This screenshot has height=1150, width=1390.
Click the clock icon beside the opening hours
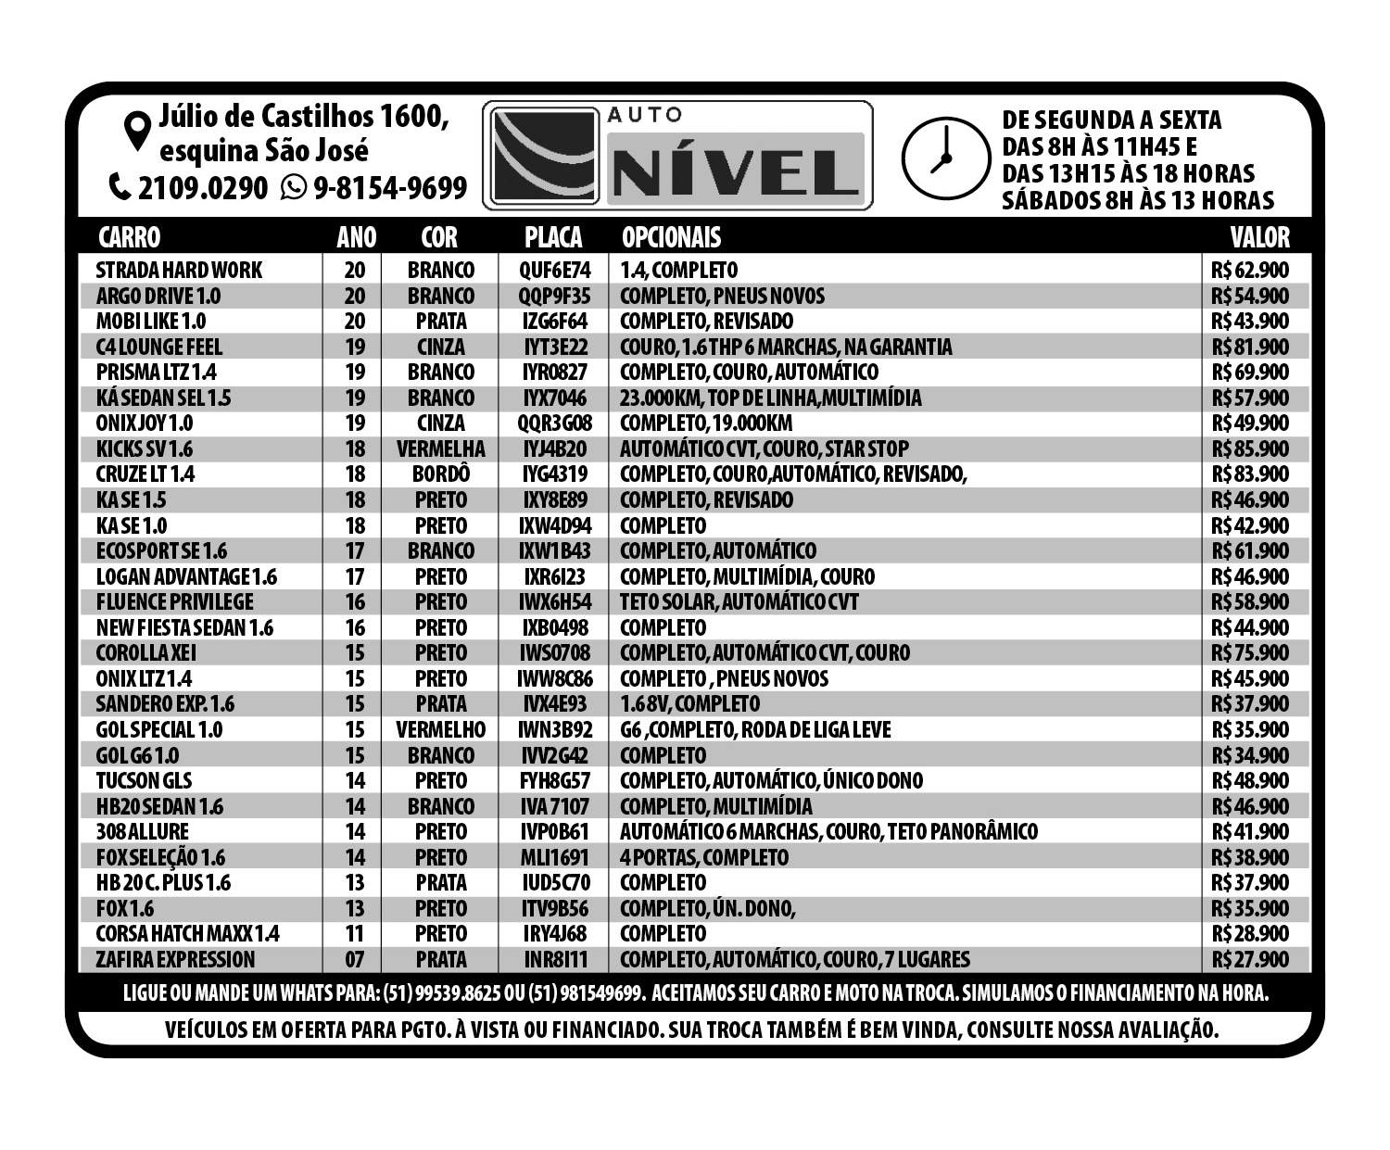[x=943, y=158]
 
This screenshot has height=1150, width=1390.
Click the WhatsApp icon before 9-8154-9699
[x=294, y=188]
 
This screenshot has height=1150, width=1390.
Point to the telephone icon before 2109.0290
[x=120, y=188]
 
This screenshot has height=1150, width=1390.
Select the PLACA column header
[x=553, y=237]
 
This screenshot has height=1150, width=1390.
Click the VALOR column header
[x=1259, y=237]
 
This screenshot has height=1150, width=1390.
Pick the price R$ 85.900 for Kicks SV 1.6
[x=1249, y=449]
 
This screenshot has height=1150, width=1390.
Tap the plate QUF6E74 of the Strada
[x=554, y=271]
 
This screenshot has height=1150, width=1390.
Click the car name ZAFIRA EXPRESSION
[x=175, y=960]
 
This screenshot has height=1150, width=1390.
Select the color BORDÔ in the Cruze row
[x=440, y=474]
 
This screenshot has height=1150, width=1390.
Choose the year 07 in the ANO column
[x=354, y=960]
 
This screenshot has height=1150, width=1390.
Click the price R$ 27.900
[x=1249, y=960]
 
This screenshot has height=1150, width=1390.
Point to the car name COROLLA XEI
[x=146, y=653]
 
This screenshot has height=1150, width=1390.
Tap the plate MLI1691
[x=554, y=858]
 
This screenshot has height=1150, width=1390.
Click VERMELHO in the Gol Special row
[x=440, y=730]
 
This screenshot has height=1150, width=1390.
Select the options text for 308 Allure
[x=828, y=832]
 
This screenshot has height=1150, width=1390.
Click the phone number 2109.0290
[x=202, y=188]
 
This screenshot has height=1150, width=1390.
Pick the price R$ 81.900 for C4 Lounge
[x=1249, y=348]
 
